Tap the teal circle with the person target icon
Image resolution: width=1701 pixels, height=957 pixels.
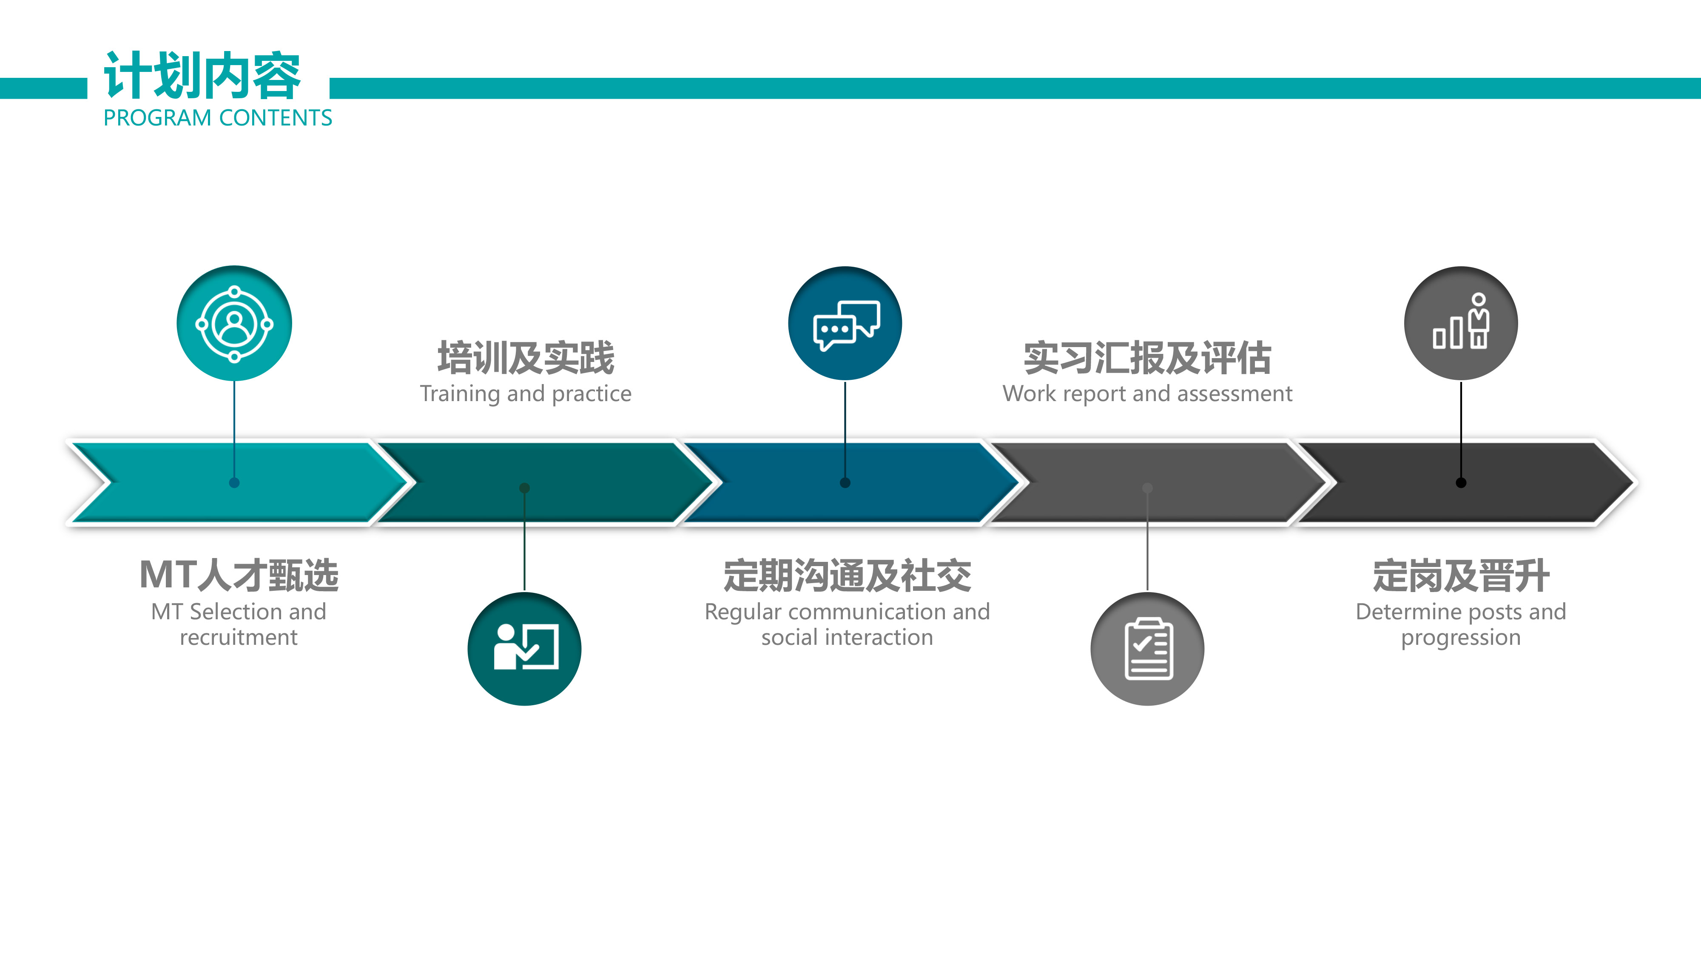234,324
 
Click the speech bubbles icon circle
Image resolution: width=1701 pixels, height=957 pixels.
845,324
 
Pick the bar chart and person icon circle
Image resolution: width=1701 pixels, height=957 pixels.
1461,324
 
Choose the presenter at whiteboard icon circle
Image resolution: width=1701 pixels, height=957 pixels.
524,649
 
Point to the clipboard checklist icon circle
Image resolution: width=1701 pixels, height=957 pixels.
1148,649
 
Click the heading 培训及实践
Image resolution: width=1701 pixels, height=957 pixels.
526,358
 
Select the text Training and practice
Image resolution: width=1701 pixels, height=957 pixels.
526,393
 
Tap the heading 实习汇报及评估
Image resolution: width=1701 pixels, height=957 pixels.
1148,358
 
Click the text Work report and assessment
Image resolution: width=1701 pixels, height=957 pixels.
1148,393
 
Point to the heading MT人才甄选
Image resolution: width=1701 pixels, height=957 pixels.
239,575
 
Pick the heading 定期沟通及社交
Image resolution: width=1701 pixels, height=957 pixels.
847,575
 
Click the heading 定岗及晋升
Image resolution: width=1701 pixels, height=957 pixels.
1461,575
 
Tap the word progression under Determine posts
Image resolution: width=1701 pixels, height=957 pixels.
1461,638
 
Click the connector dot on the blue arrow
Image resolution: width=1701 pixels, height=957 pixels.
845,483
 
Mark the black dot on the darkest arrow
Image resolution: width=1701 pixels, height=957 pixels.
1461,483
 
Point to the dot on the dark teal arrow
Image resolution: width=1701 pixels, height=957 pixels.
524,488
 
